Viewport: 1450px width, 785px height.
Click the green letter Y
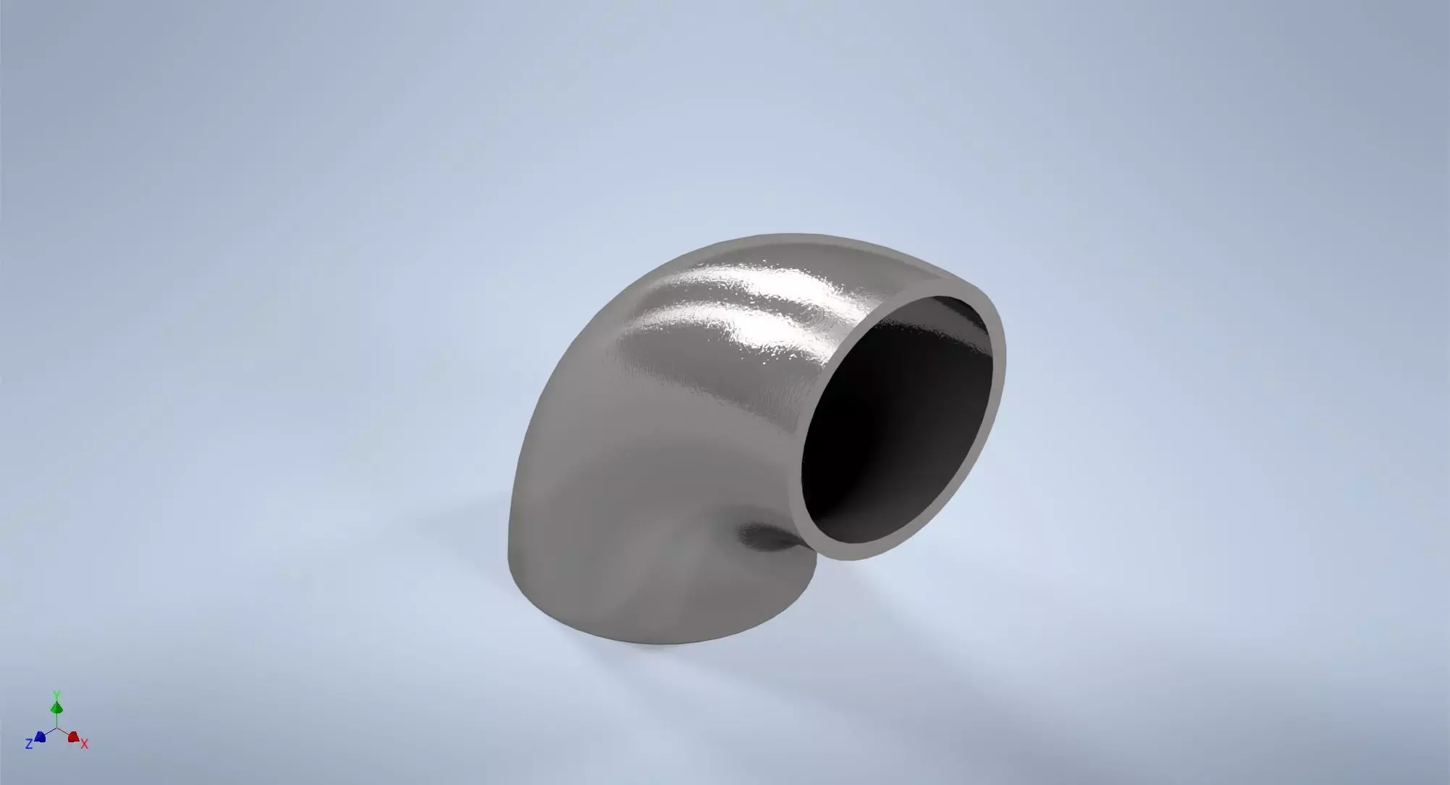56,694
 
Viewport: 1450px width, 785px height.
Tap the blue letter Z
29,744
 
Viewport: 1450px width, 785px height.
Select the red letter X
85,744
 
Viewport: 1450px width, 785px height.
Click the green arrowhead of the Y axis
56,707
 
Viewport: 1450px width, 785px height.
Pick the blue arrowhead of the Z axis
41,736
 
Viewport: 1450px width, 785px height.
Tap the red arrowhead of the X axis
73,736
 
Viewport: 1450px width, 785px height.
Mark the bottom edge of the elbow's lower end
652,637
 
